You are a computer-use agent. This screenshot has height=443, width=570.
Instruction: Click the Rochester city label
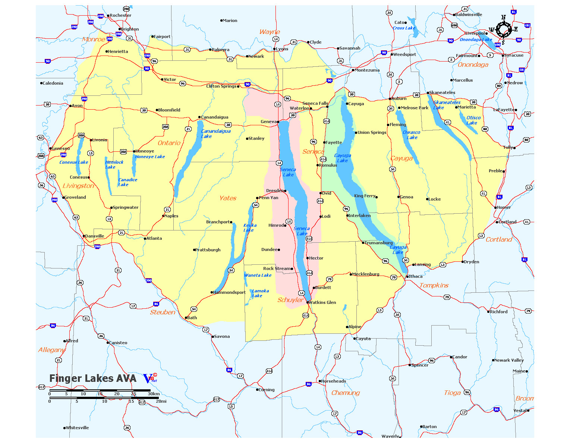(120, 16)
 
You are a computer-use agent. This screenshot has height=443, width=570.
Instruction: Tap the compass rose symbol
(503, 29)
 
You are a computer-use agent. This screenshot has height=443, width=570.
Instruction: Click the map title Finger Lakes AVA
(93, 378)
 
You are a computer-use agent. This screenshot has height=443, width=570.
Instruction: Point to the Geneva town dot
(278, 122)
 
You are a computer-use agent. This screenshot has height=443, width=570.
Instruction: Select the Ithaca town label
(416, 277)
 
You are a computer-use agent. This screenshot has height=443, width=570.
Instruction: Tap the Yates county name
(228, 198)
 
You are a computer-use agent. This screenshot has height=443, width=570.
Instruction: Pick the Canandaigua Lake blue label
(215, 134)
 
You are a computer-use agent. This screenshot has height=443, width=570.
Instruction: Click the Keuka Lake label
(249, 228)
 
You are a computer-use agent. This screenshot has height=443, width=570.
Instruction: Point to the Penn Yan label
(268, 198)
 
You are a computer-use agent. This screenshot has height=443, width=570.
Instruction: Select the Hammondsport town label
(229, 293)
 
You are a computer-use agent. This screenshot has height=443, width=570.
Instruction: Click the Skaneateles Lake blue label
(446, 105)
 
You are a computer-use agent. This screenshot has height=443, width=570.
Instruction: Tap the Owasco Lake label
(412, 135)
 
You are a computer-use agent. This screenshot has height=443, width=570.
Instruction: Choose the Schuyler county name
(290, 300)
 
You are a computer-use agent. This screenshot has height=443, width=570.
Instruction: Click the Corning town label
(267, 390)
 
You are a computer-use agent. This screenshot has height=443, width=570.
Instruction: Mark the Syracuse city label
(514, 56)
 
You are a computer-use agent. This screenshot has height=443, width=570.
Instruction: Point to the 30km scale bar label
(154, 394)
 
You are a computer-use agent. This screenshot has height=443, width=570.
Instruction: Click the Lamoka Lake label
(260, 293)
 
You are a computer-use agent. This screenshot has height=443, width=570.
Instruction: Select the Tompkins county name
(434, 286)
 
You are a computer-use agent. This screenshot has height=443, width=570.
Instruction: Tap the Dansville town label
(95, 236)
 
